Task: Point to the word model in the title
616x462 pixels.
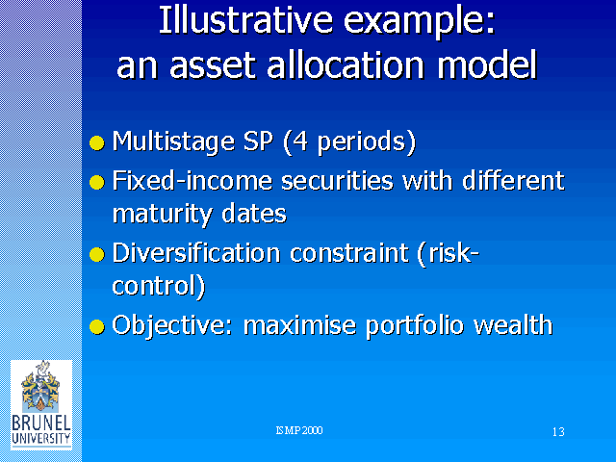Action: coord(487,64)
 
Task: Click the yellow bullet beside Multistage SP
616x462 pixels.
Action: coord(97,142)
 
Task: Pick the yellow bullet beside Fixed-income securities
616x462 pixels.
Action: coord(97,182)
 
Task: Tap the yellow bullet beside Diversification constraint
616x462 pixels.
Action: coord(97,254)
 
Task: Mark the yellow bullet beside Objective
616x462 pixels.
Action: coord(97,326)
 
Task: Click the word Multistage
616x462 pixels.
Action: coord(173,142)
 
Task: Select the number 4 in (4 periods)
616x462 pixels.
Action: coord(299,141)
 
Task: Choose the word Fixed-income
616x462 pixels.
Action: coord(192,180)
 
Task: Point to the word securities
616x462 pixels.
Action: coord(338,181)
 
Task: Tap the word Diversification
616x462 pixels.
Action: coord(196,252)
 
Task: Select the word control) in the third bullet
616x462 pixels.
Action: coord(159,286)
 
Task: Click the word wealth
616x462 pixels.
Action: coord(513,324)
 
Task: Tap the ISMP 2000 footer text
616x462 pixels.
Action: coord(299,430)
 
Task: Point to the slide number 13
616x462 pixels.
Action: coord(558,432)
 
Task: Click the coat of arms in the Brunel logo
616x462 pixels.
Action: coord(40,386)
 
